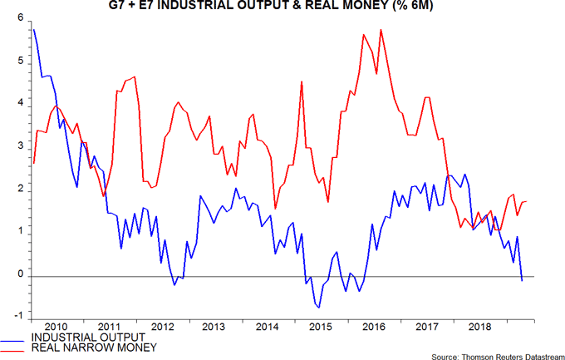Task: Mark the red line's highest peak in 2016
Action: [381, 30]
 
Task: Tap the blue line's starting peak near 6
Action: [33, 30]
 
